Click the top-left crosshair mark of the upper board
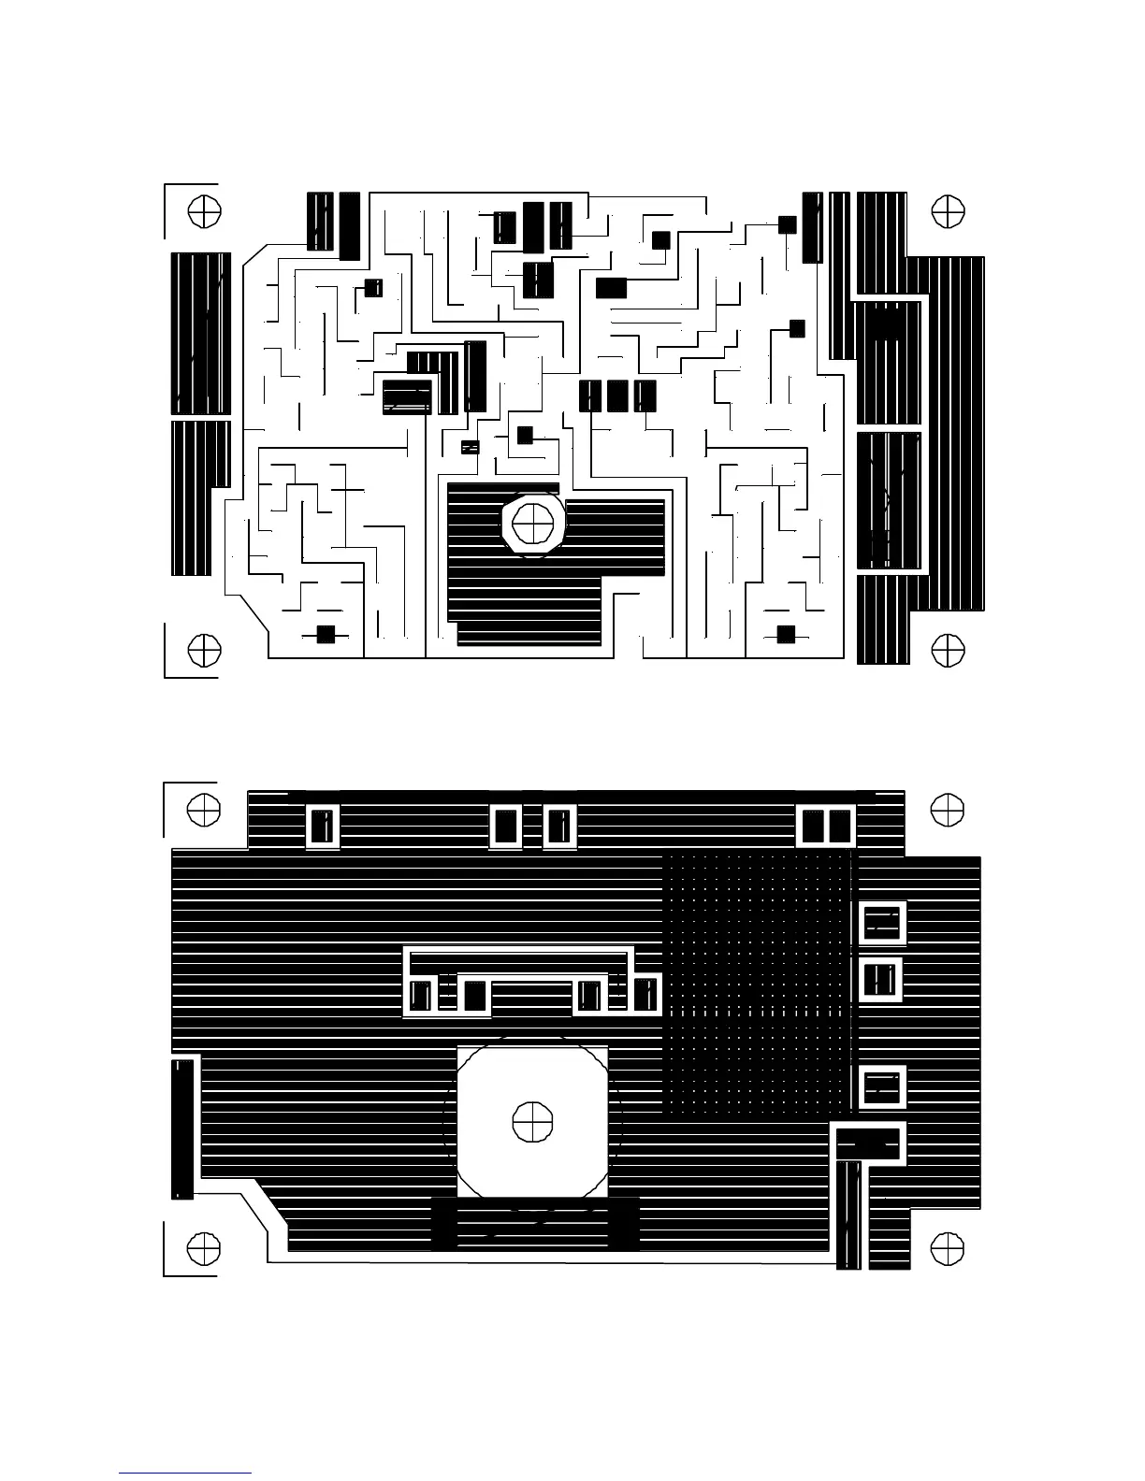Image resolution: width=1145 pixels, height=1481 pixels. coord(204,211)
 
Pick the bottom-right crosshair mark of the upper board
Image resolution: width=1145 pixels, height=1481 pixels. coord(949,651)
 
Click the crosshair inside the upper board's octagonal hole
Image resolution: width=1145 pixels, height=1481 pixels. coord(534,523)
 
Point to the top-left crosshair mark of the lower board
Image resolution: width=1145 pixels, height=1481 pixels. coord(204,810)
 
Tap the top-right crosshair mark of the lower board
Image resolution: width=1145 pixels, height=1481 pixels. coord(949,810)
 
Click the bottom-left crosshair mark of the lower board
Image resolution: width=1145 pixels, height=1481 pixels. coord(204,1248)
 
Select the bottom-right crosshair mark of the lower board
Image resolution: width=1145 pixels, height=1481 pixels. coord(949,1248)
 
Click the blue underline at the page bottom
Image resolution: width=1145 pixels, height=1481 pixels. coord(185,1473)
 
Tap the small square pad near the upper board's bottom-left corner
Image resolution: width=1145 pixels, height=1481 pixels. coord(326,635)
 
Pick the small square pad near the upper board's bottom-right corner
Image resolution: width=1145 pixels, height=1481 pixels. coord(786,635)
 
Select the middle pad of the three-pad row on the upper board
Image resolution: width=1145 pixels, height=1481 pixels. coord(617,395)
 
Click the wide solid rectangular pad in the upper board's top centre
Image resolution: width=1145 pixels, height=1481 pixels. coord(611,288)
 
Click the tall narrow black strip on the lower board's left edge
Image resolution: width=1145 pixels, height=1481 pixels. coord(182,1129)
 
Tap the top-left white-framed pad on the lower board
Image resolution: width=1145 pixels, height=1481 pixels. coord(323,827)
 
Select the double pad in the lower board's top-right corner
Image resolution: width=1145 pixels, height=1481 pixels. coord(827,827)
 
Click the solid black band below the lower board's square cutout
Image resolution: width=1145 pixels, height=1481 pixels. coord(535,1224)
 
